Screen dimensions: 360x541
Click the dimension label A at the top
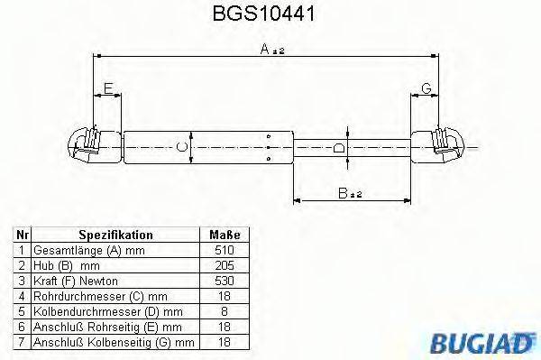[266, 52]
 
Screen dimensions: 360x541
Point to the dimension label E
[108, 88]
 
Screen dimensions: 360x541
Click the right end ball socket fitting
[444, 145]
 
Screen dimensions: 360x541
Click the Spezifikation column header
[115, 235]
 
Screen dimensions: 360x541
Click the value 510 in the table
[225, 250]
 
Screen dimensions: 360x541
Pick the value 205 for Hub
[225, 265]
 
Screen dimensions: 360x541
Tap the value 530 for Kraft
[225, 281]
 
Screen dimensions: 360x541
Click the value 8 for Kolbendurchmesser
[225, 311]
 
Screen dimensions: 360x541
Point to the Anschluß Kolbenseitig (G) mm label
[113, 342]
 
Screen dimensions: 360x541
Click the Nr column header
[23, 235]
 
